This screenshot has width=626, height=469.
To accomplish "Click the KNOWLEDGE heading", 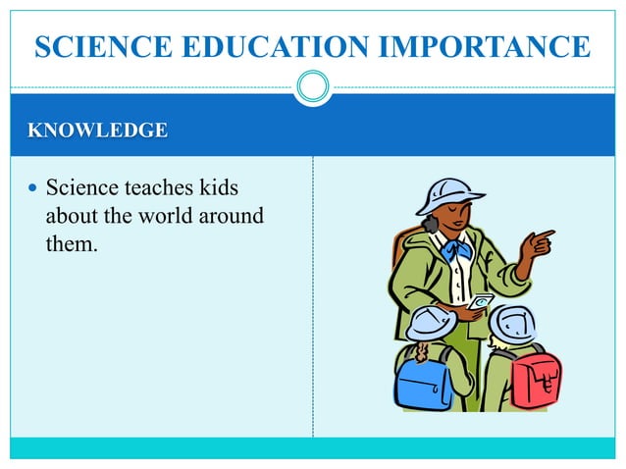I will click(x=97, y=130).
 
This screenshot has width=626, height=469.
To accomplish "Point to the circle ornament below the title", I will click(x=313, y=87).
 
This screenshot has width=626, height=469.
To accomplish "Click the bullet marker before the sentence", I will click(x=33, y=187).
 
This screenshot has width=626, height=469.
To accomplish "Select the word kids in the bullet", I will click(x=217, y=187).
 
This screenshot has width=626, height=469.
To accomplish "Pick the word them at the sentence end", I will click(x=72, y=242).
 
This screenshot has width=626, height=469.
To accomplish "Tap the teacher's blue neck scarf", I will click(x=457, y=248).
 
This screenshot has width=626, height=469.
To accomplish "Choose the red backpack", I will click(x=536, y=378).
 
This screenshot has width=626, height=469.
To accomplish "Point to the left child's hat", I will click(x=431, y=322).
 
